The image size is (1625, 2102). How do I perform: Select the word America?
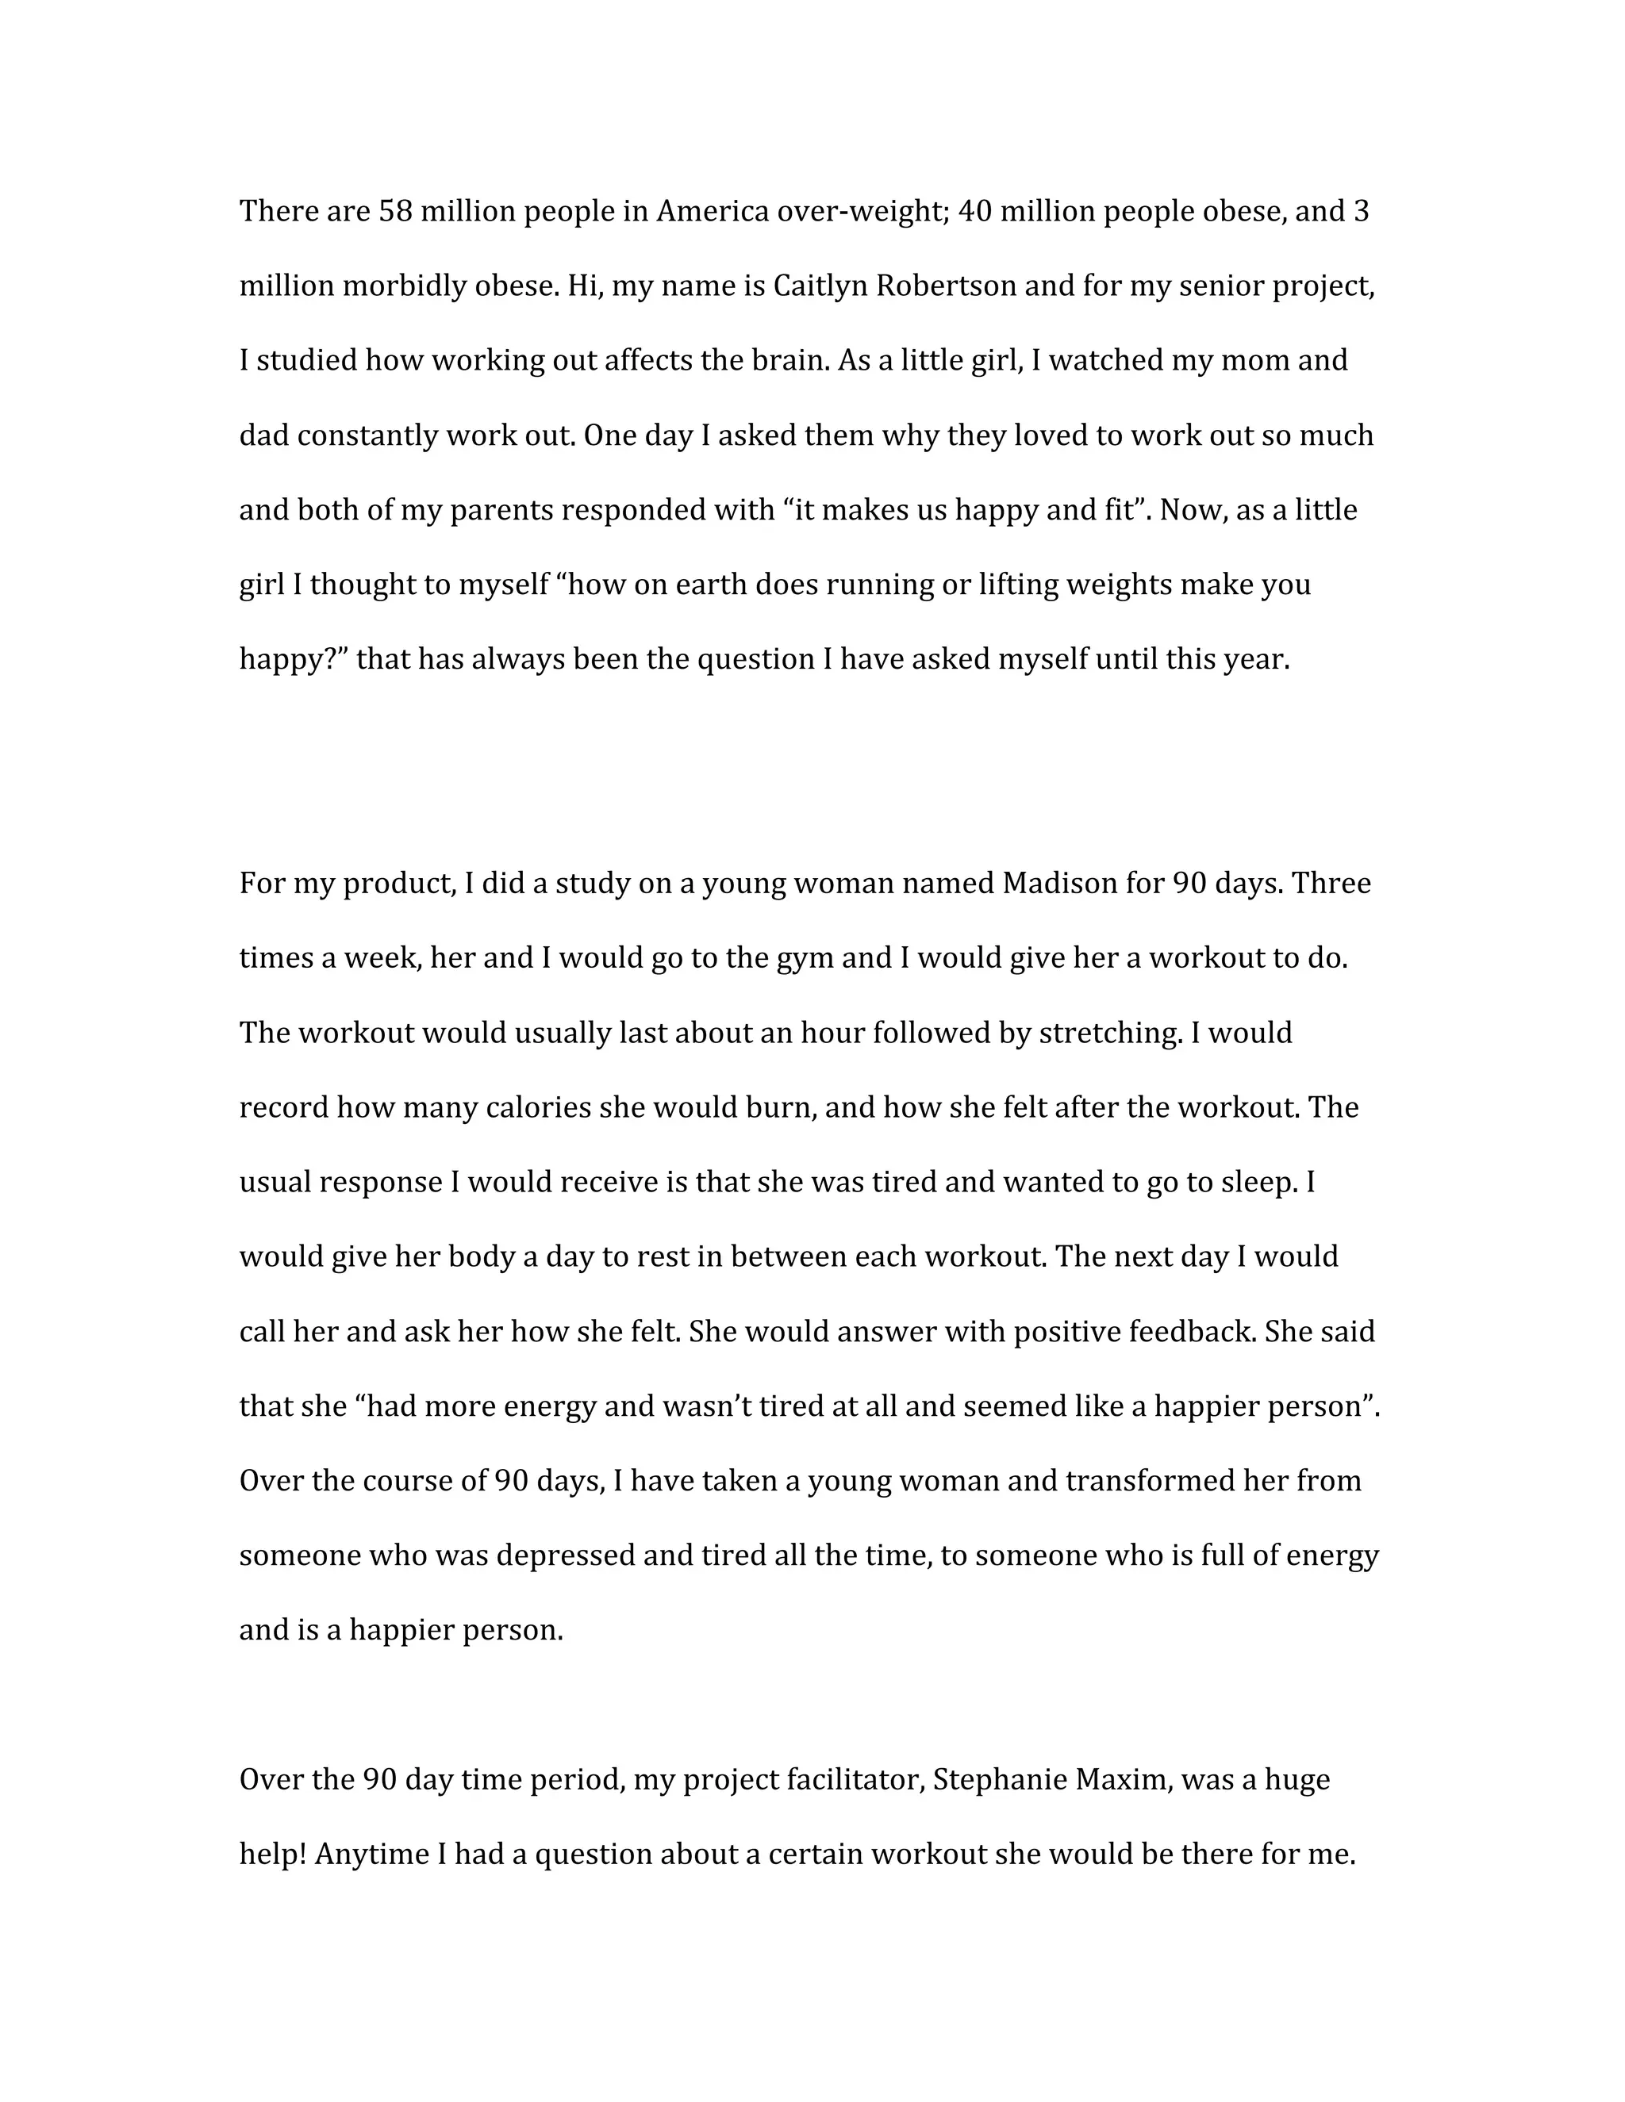713,211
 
